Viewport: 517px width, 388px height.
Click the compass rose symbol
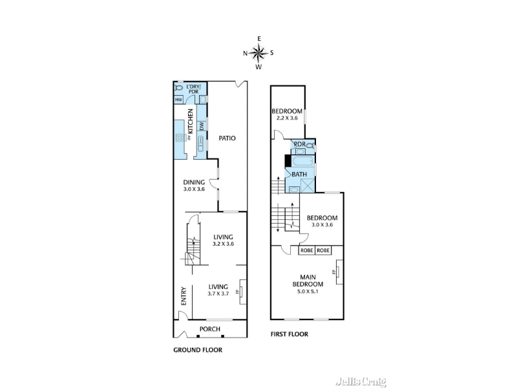click(x=258, y=53)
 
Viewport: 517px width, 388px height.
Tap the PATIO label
click(x=227, y=138)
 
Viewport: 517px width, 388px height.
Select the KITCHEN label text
click(x=190, y=121)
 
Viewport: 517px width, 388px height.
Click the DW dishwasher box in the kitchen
click(x=202, y=125)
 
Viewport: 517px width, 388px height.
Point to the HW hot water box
click(x=178, y=100)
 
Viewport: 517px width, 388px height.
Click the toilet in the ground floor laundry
click(x=178, y=88)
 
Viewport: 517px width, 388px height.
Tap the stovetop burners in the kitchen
click(x=180, y=138)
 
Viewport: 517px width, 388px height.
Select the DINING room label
click(x=194, y=182)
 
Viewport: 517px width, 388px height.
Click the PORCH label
click(x=209, y=329)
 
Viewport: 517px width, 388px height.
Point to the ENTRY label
click(x=184, y=296)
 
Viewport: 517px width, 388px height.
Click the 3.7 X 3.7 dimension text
click(x=218, y=294)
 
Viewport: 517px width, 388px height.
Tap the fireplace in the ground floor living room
click(x=243, y=292)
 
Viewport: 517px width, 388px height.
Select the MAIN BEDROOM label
click(x=308, y=281)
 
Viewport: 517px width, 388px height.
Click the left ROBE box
click(x=306, y=250)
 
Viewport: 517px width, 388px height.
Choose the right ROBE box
click(x=323, y=250)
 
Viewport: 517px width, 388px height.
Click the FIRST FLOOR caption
click(x=289, y=334)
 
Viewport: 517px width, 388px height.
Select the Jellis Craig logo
click(x=361, y=381)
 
